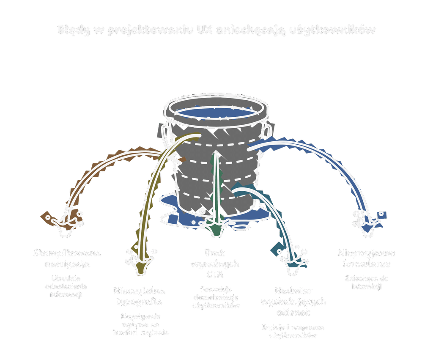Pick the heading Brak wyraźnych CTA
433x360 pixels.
(215, 264)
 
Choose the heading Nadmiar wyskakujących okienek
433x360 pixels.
(293, 302)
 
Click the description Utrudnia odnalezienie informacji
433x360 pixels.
(66, 286)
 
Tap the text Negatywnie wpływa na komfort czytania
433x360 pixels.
(140, 324)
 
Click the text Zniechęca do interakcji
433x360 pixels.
(367, 282)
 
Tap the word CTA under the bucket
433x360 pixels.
(215, 274)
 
